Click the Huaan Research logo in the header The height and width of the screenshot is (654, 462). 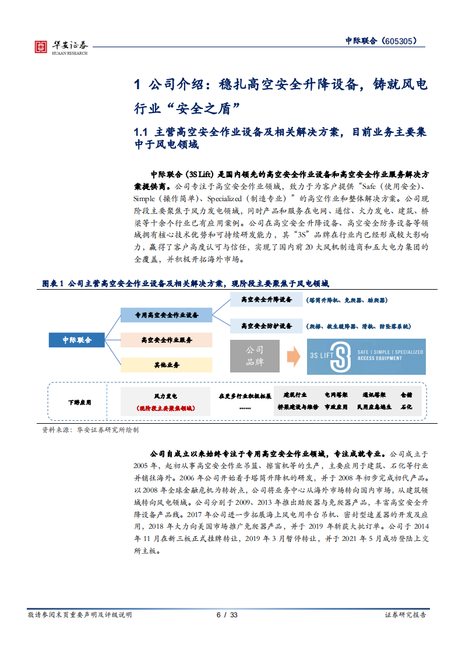click(61, 46)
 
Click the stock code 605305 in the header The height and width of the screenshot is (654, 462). click(401, 41)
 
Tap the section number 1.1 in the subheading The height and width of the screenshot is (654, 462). click(143, 132)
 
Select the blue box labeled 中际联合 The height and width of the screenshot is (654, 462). click(77, 340)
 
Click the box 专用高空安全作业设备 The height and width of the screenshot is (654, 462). click(166, 315)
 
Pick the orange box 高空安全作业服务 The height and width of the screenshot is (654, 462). click(166, 340)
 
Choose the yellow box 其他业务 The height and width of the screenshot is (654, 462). click(166, 365)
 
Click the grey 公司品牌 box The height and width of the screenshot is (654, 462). click(254, 356)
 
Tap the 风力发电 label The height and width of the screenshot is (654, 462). click(165, 395)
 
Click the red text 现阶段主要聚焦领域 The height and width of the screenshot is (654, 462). click(165, 408)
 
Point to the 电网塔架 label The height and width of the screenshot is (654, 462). click(336, 395)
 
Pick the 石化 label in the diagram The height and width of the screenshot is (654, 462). click(406, 407)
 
